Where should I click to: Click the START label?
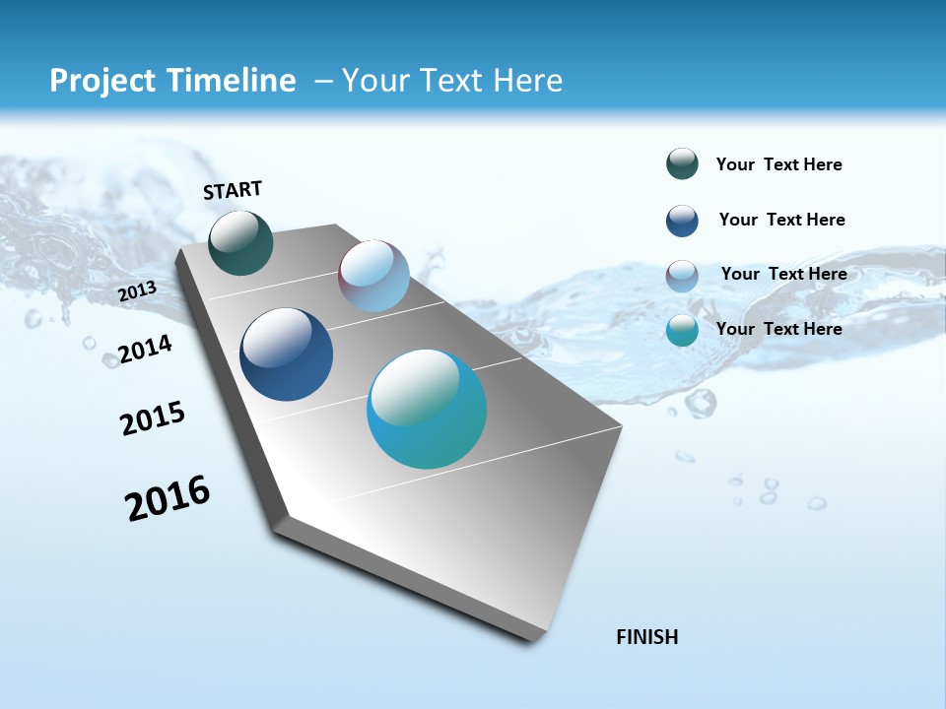pyautogui.click(x=233, y=190)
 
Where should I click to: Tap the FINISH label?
pyautogui.click(x=647, y=637)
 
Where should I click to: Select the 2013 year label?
pyautogui.click(x=138, y=291)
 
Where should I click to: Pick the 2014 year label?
pyautogui.click(x=146, y=350)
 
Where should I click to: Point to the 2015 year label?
pyautogui.click(x=153, y=419)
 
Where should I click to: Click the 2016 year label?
pyautogui.click(x=168, y=498)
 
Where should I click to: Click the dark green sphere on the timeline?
pyautogui.click(x=240, y=242)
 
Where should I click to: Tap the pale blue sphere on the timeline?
pyautogui.click(x=373, y=276)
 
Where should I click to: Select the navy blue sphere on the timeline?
pyautogui.click(x=286, y=354)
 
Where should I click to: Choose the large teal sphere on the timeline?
pyautogui.click(x=427, y=409)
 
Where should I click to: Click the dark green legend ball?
pyautogui.click(x=682, y=164)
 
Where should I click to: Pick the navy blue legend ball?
pyautogui.click(x=682, y=221)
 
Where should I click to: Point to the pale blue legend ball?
pyautogui.click(x=682, y=276)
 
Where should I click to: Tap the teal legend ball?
pyautogui.click(x=682, y=330)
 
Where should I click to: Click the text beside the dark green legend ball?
pyautogui.click(x=778, y=164)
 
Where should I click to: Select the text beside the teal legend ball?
pyautogui.click(x=778, y=329)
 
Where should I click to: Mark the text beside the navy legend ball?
pyautogui.click(x=781, y=220)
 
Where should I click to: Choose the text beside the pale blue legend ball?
pyautogui.click(x=783, y=274)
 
